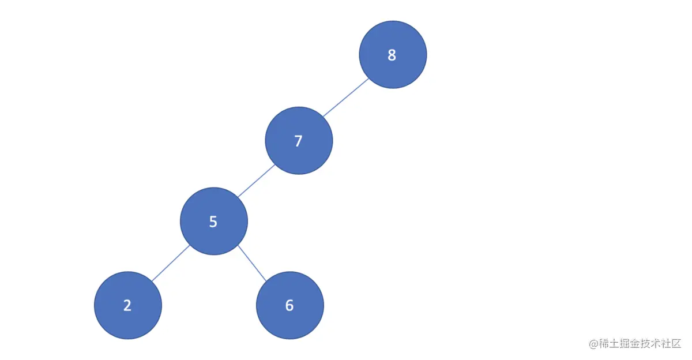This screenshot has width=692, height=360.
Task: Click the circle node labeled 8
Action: pos(393,54)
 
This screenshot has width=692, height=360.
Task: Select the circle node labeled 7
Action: pos(299,140)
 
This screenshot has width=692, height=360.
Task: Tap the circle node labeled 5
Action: pos(214,221)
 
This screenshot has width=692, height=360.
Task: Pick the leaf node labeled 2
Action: pos(128,305)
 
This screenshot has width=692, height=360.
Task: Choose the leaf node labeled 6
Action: pos(290,305)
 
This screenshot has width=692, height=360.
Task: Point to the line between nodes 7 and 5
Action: pos(256,181)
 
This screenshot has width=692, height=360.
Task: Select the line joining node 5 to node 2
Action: pos(171,263)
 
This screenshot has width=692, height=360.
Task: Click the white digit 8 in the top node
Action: pos(392,55)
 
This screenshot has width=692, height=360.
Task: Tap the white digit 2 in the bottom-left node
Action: pos(127,306)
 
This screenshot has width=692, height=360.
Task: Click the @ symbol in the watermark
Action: pos(593,344)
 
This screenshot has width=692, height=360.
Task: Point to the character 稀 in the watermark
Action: pos(604,344)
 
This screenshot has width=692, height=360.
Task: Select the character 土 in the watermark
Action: pos(615,344)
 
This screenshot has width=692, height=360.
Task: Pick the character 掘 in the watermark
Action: pos(627,344)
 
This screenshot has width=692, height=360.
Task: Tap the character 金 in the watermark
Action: pos(638,344)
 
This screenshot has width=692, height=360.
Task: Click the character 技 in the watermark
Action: pos(649,344)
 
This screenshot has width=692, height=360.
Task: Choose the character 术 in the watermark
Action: pos(660,344)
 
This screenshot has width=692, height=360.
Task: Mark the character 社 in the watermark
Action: pos(671,344)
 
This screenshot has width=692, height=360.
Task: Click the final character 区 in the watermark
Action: pos(681,344)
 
